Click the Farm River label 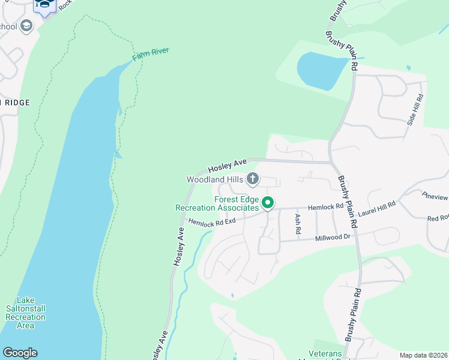coord(151,54)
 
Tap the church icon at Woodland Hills coord(253,178)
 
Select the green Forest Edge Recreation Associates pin coord(268,203)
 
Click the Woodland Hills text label coord(215,179)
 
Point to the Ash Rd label coord(297,223)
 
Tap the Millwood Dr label coord(333,238)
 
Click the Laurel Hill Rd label coord(377,208)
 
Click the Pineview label coord(435,196)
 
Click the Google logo coord(20,353)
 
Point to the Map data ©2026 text coord(423,355)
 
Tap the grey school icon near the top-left coord(26,26)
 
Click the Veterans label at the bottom coord(325,353)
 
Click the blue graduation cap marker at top coord(45,5)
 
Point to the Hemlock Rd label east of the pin coord(325,206)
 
